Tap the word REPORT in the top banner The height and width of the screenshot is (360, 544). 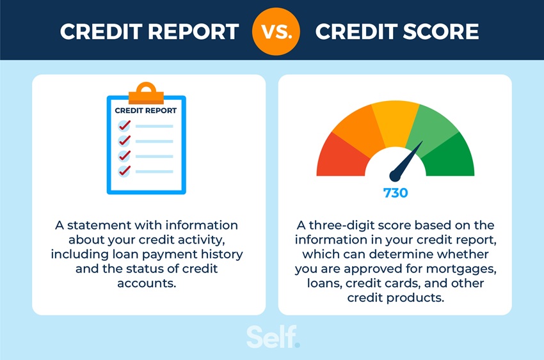pyautogui.click(x=191, y=31)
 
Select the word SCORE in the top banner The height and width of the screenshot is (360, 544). pyautogui.click(x=435, y=31)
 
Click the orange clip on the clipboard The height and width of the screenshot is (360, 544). pyautogui.click(x=146, y=93)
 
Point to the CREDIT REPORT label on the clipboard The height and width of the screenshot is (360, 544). pyautogui.click(x=146, y=111)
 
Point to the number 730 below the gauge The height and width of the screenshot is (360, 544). pyautogui.click(x=395, y=193)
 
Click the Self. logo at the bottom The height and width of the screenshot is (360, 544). pyautogui.click(x=273, y=337)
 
